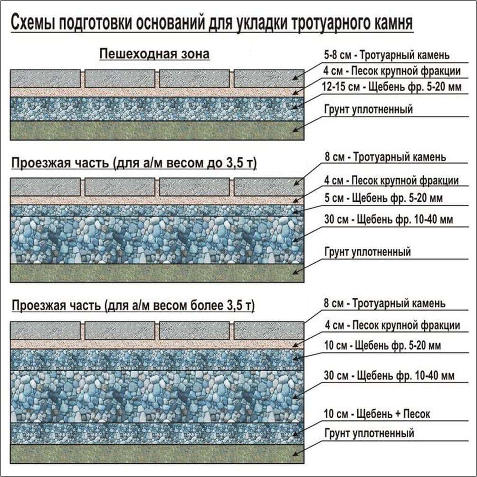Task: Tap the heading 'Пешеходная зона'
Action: (154, 54)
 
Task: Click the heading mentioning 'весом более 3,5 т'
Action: (133, 306)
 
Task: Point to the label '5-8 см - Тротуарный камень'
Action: (386, 55)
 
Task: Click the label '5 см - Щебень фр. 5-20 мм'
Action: (383, 198)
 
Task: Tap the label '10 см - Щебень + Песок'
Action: (377, 414)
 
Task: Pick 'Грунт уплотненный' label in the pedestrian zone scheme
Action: (368, 110)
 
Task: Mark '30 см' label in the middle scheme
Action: (389, 220)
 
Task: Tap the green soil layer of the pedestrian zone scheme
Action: (157, 130)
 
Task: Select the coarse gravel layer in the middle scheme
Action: (157, 239)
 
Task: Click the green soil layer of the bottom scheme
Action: (157, 453)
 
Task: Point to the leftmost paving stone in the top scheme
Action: (46, 79)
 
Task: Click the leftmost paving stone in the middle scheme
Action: (46, 187)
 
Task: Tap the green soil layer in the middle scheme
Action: (157, 273)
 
